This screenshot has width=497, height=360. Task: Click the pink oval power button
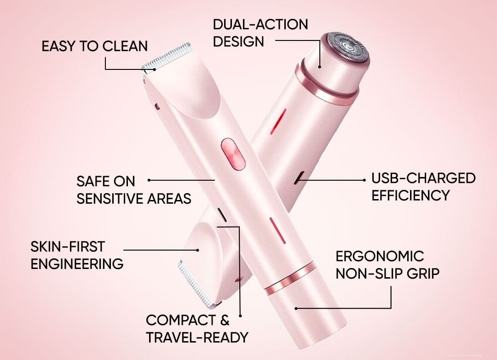233,154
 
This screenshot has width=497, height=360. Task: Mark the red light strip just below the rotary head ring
278,121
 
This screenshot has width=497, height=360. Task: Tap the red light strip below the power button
277,230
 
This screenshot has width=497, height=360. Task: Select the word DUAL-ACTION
260,24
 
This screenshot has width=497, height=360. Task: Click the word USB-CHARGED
423,178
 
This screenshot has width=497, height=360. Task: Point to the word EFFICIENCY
410,195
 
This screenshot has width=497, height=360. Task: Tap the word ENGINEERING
77,264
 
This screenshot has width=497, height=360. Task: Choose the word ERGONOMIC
380,256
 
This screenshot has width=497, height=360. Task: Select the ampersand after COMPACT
225,320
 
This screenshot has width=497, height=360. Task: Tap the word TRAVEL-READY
197,337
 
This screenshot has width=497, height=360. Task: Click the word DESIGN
238,41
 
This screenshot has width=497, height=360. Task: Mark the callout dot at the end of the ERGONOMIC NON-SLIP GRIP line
296,308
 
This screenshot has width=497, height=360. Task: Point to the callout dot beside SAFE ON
149,180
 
